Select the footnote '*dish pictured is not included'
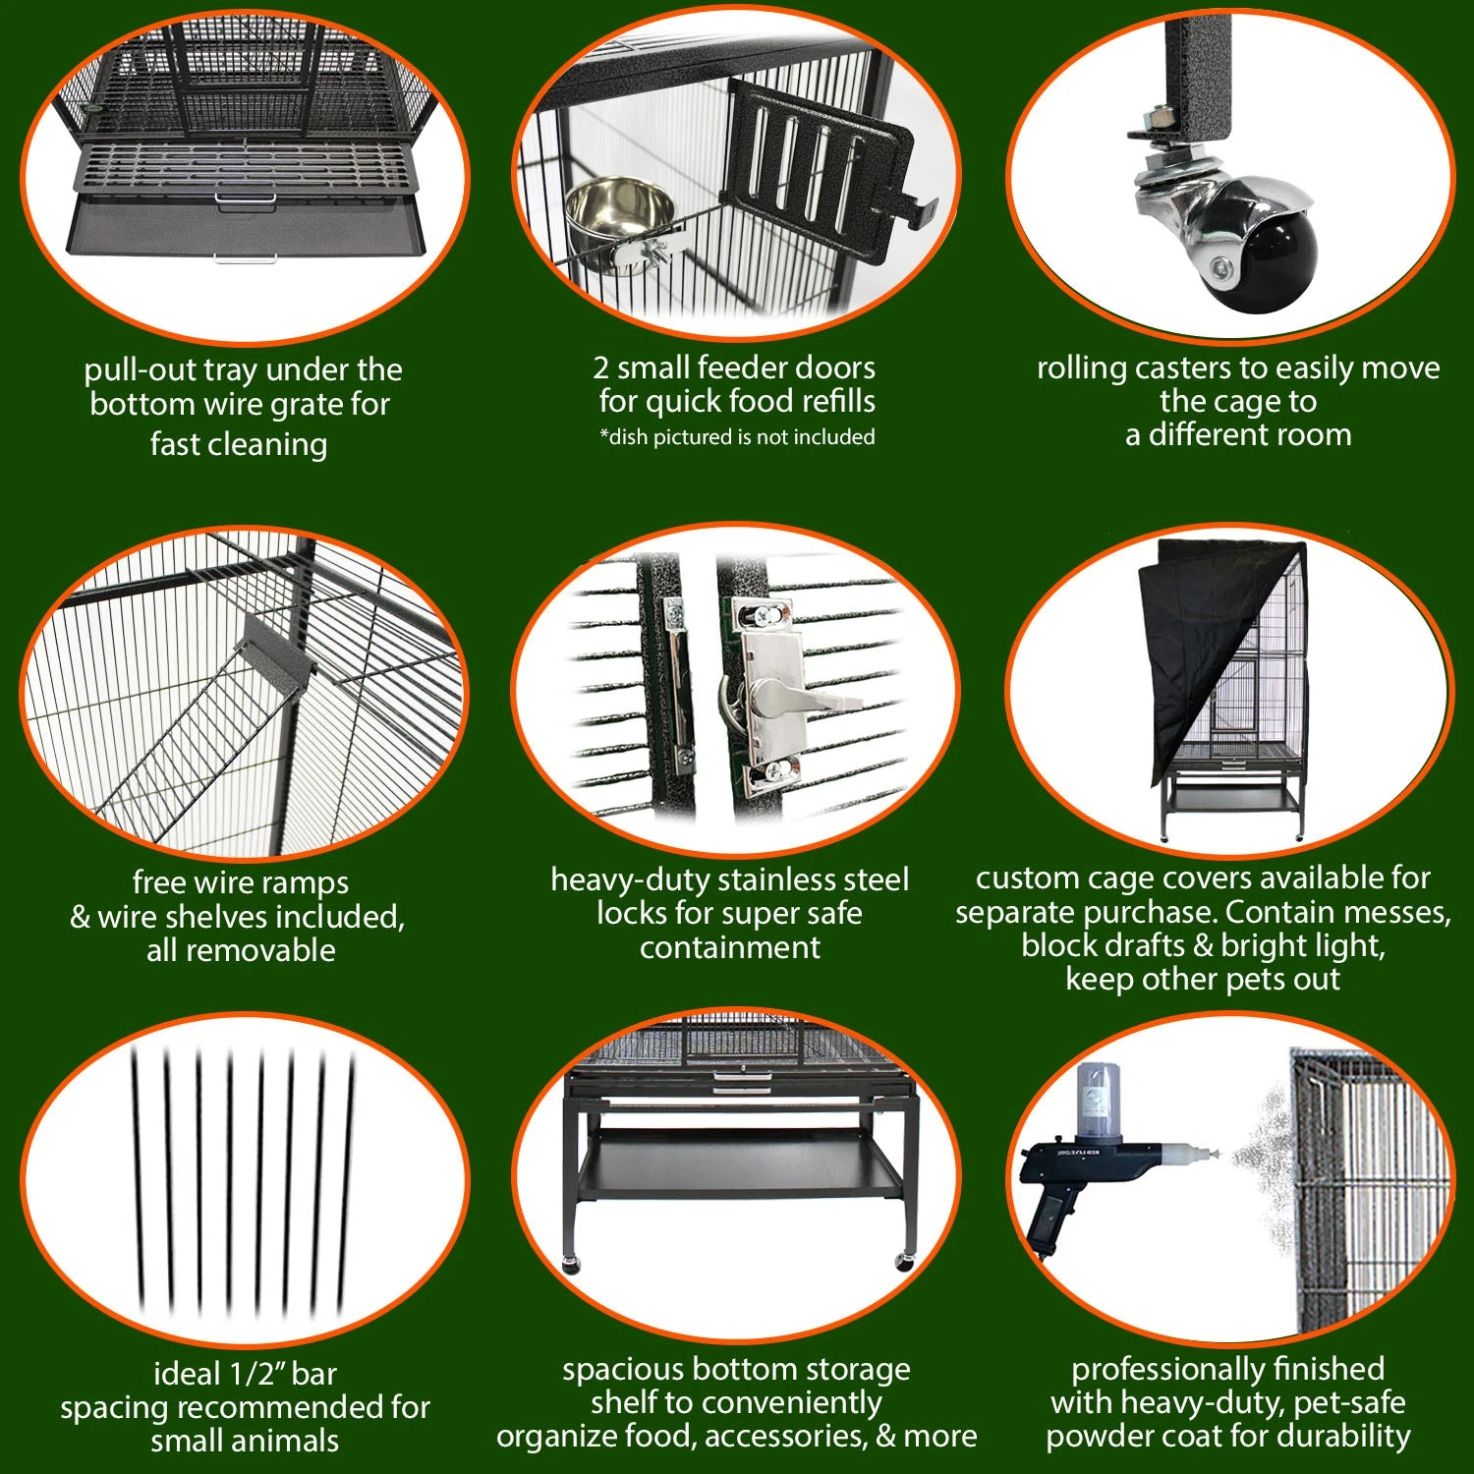pyautogui.click(x=737, y=437)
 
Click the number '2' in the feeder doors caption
pyautogui.click(x=601, y=368)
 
